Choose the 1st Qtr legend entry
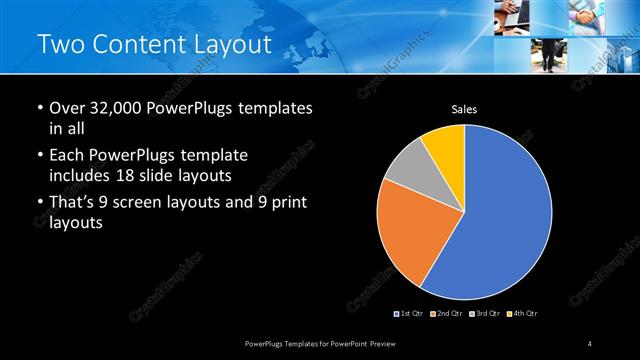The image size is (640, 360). coord(410,314)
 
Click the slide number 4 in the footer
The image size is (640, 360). coord(591,344)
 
